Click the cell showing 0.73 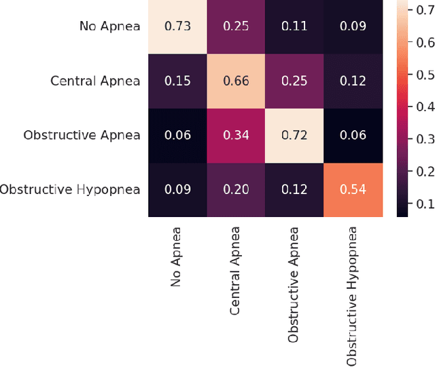177,26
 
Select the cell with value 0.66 235,81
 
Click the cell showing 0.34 235,135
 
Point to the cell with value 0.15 177,81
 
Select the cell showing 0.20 235,189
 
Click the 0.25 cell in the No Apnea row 235,26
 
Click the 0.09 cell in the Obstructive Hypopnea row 177,189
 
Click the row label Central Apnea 95,81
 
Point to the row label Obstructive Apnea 82,135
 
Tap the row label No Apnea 109,26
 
